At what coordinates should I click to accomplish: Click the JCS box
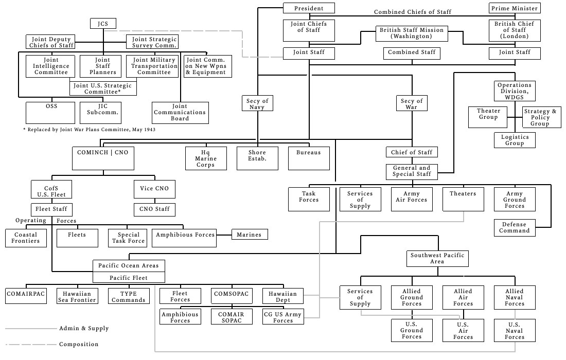pos(103,24)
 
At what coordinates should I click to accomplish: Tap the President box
pos(309,8)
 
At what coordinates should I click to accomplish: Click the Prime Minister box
pos(514,8)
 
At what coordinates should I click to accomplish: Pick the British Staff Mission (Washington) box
pos(411,33)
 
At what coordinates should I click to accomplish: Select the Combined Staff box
pos(412,52)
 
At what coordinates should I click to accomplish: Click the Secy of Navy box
pos(257,103)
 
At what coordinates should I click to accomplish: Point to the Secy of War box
pos(412,103)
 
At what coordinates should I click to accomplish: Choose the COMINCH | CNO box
pos(103,158)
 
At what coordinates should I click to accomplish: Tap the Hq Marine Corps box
pos(206,158)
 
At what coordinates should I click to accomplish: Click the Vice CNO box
pos(154,189)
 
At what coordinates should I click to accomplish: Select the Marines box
pos(250,235)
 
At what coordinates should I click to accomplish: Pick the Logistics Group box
pos(515,140)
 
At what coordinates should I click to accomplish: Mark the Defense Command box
pos(515,227)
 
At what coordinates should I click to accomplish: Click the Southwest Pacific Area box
pos(437,258)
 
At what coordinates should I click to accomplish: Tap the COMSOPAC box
pos(232,296)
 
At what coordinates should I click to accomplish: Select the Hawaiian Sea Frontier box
pos(77,296)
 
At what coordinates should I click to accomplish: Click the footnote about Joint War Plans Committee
pos(90,130)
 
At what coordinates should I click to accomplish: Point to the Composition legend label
pos(79,344)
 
